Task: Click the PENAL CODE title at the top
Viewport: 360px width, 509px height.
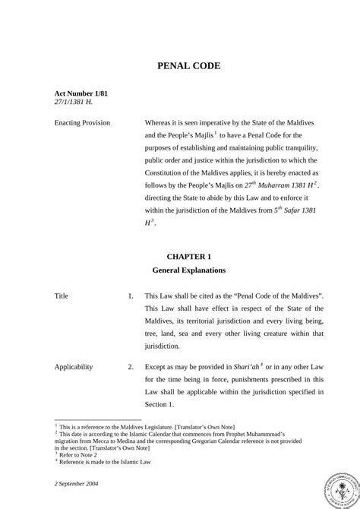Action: click(x=189, y=66)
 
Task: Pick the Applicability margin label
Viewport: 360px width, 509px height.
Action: click(x=74, y=366)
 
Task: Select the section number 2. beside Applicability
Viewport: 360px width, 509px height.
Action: click(x=131, y=366)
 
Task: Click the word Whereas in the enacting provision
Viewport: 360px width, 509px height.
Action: click(x=160, y=122)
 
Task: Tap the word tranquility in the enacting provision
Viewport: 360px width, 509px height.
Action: click(x=304, y=146)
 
